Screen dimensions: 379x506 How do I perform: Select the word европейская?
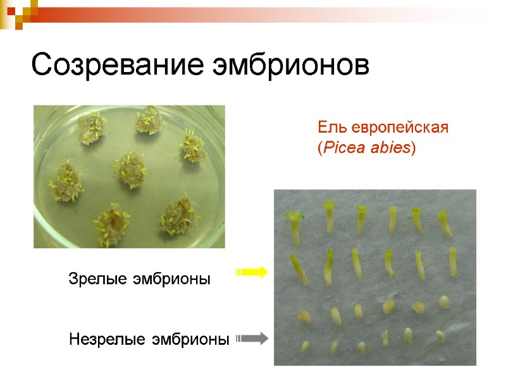(398, 127)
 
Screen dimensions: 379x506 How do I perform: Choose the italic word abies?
(391, 148)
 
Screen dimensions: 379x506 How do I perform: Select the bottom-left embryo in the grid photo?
(305, 346)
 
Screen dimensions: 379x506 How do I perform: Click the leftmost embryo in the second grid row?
(299, 268)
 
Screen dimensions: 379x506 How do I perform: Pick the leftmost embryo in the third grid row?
(304, 315)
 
